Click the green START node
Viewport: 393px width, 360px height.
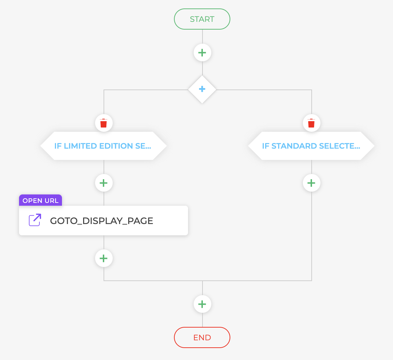[202, 19]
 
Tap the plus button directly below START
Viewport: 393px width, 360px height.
[202, 53]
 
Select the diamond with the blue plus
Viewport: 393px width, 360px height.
[202, 89]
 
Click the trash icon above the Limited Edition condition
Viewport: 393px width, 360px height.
[104, 123]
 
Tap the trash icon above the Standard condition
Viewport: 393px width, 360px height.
[311, 123]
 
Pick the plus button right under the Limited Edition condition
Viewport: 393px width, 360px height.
[104, 183]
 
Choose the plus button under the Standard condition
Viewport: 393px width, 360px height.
[311, 183]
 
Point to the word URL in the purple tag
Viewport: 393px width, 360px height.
[51, 200]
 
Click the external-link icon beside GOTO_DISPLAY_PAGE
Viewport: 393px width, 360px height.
[35, 220]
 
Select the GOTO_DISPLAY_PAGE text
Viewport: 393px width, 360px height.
[101, 221]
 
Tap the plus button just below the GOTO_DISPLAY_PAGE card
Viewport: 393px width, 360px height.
[104, 258]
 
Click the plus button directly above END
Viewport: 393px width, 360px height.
[202, 304]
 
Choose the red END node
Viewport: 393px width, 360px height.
[202, 337]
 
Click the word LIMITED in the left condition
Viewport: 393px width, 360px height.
[78, 146]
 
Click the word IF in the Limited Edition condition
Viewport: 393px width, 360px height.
[58, 146]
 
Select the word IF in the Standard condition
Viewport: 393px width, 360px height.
[266, 146]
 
